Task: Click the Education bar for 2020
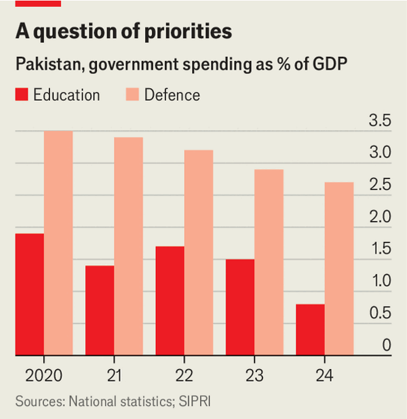(x=30, y=294)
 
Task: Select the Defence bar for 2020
(x=58, y=243)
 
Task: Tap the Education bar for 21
(x=100, y=310)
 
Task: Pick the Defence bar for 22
(x=199, y=252)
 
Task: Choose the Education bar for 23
(x=240, y=306)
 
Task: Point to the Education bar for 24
(x=311, y=330)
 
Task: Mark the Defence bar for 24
(x=339, y=268)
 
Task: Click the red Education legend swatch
(x=23, y=95)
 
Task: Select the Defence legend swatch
(x=133, y=95)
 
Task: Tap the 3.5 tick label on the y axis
(x=379, y=122)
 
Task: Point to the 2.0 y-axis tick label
(x=379, y=218)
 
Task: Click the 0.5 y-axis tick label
(x=379, y=313)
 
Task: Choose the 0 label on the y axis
(x=386, y=345)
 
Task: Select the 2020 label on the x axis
(x=43, y=374)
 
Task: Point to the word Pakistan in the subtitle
(x=46, y=65)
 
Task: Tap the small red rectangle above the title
(x=38, y=3)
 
